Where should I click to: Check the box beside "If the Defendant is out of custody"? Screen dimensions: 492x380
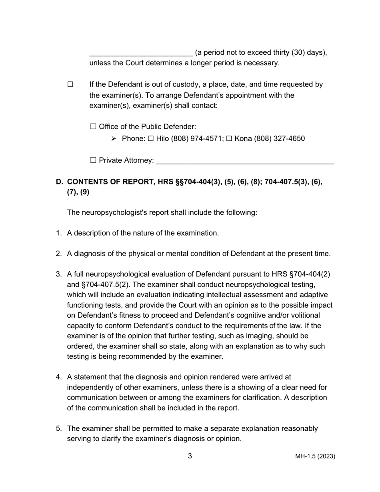tap(70, 84)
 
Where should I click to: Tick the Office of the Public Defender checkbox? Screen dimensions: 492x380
tap(93, 127)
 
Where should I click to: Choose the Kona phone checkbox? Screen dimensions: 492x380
tap(229, 139)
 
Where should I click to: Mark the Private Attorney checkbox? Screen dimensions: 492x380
tap(93, 160)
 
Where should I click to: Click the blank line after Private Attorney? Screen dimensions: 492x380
tap(245, 161)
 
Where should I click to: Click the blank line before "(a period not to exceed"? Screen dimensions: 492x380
tap(141, 54)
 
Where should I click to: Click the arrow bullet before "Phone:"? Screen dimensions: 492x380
tap(114, 139)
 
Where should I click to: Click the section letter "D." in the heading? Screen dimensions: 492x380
tap(60, 182)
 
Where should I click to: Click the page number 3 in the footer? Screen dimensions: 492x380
tap(190, 456)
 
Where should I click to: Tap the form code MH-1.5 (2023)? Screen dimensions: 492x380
tap(315, 456)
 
